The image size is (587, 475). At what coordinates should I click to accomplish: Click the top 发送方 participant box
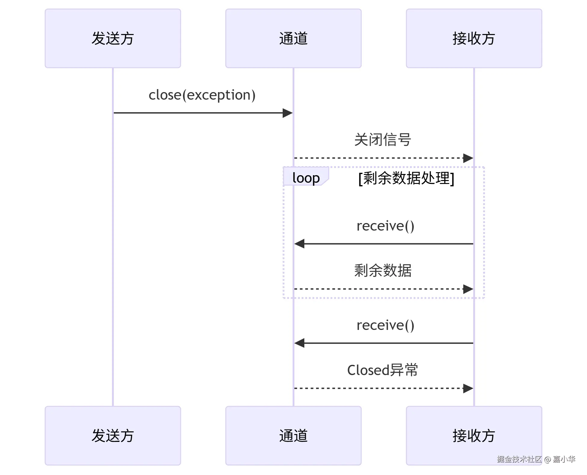tap(113, 39)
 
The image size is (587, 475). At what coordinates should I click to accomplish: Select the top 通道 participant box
tap(293, 39)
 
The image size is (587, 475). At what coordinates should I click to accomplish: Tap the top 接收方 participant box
tap(474, 39)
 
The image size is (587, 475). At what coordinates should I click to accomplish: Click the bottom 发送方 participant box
tap(113, 436)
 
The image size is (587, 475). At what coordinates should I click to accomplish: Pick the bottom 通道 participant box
tap(293, 436)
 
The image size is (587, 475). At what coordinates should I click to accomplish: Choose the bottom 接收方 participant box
tap(474, 436)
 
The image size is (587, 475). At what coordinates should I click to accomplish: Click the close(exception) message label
tap(202, 95)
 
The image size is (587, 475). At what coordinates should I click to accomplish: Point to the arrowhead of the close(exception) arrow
tap(288, 113)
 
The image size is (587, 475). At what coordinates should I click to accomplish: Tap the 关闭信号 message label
tap(383, 140)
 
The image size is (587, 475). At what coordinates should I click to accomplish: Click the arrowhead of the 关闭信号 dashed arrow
tap(468, 158)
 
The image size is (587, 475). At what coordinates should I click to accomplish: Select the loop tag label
tap(306, 178)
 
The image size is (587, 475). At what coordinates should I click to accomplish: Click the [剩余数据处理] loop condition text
tap(406, 178)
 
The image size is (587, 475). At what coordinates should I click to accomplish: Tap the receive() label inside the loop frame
tap(385, 226)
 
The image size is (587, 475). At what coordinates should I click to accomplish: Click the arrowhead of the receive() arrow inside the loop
tap(299, 244)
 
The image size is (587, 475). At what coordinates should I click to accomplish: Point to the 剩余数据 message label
tap(383, 270)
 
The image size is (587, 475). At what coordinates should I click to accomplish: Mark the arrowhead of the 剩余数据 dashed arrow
tap(468, 289)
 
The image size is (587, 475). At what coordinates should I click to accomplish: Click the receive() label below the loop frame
tap(385, 325)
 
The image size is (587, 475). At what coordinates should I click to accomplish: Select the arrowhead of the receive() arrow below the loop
tap(299, 343)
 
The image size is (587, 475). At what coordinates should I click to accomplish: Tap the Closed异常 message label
tap(383, 370)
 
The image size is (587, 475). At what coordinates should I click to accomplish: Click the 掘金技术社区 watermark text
tap(519, 459)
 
